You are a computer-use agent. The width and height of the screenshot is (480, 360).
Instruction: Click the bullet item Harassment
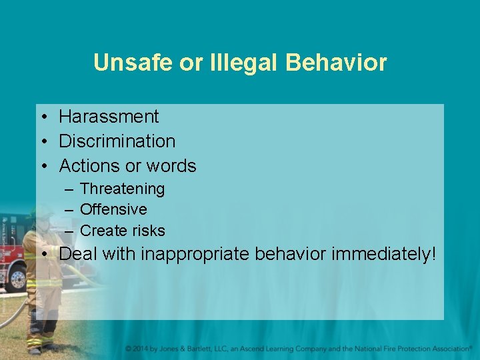coord(109,117)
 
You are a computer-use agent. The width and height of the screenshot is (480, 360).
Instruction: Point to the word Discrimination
coord(117,141)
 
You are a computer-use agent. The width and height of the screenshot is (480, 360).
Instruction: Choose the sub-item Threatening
coord(122,189)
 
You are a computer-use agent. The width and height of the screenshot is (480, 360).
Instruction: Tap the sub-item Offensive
coord(113,210)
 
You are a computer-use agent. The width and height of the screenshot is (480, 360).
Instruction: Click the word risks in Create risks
coord(149,231)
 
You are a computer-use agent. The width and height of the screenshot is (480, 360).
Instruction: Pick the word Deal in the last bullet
coord(77,254)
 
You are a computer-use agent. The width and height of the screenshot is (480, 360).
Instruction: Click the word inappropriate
coord(205,254)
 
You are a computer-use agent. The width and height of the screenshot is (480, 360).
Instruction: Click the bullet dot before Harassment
coord(42,117)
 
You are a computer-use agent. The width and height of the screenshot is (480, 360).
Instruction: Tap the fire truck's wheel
coord(15,279)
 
